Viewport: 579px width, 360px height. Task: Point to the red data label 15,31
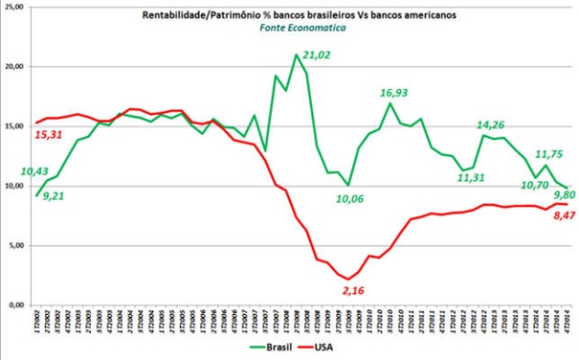coord(50,135)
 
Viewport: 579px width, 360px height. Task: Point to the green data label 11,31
coord(449,176)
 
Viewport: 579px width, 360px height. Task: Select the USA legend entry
coord(322,349)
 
